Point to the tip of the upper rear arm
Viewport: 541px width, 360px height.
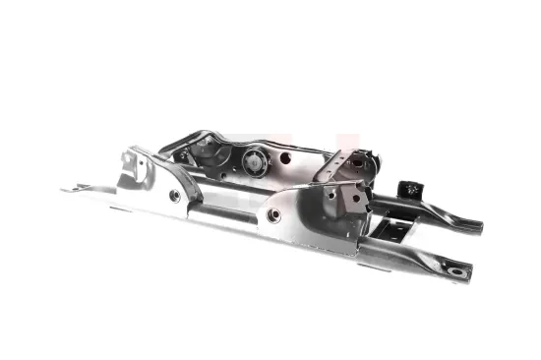(x=476, y=228)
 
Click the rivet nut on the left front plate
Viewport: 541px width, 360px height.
(x=175, y=196)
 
